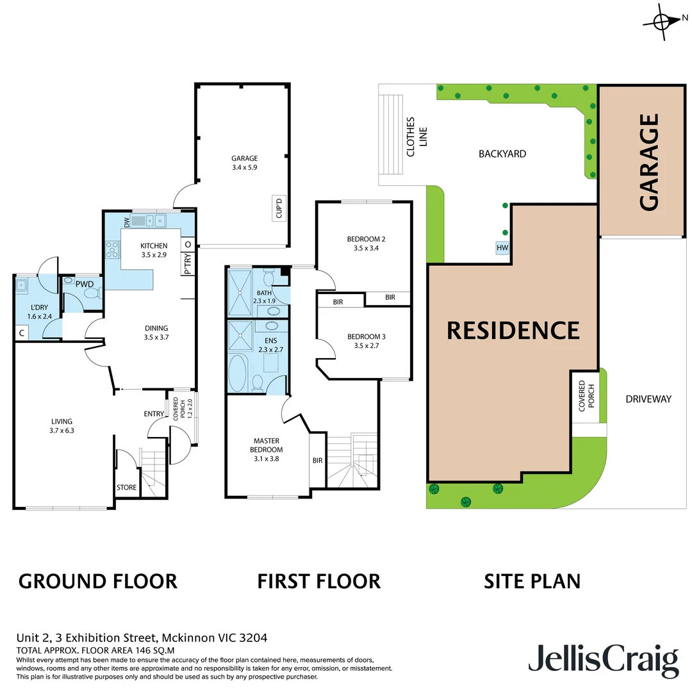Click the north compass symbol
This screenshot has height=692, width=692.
pos(661,21)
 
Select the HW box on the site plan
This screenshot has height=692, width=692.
pos(502,248)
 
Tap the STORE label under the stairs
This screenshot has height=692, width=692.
pos(126,488)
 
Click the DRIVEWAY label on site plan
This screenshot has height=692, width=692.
pos(648,399)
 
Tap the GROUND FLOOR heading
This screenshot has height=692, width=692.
pos(97,581)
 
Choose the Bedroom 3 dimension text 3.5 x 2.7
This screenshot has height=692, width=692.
pos(366,347)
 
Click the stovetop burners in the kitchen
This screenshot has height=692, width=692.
pos(112,248)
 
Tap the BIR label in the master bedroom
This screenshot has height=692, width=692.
pos(317,460)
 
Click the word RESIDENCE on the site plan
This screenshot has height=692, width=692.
pos(513,330)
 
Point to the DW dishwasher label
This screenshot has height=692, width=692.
pos(126,222)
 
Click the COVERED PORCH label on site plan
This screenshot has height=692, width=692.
pos(586,397)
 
